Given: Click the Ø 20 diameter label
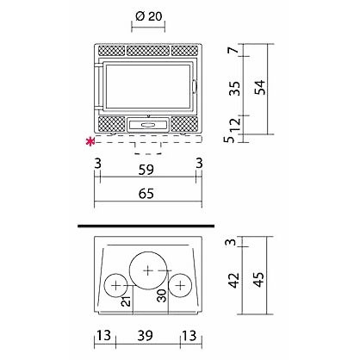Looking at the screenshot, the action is pyautogui.click(x=149, y=16).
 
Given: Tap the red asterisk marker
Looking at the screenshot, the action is pyautogui.click(x=90, y=141).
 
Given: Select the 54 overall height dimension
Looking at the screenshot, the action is pyautogui.click(x=261, y=88).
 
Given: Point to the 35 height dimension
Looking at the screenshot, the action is pyautogui.click(x=235, y=89).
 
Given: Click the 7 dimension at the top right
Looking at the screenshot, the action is pyautogui.click(x=234, y=50).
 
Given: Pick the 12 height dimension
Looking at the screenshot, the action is pyautogui.click(x=235, y=124).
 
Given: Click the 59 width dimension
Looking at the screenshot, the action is pyautogui.click(x=146, y=170).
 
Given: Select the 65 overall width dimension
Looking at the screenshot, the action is pyautogui.click(x=146, y=194).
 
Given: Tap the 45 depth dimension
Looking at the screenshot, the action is pyautogui.click(x=258, y=279).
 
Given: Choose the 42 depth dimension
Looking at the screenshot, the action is pyautogui.click(x=234, y=280).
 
